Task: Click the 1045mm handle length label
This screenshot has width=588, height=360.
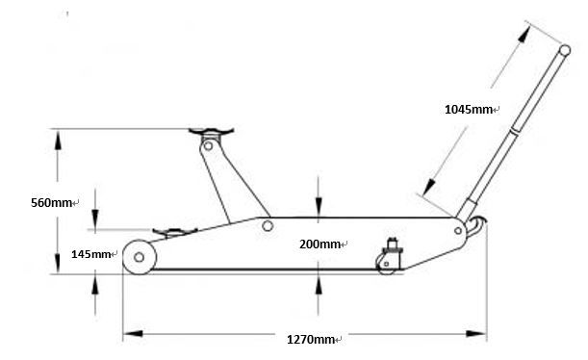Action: (469, 109)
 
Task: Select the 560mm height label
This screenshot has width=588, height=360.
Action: (53, 203)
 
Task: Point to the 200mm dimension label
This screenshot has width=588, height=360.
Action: (321, 244)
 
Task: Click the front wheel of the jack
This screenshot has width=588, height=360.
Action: (141, 258)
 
